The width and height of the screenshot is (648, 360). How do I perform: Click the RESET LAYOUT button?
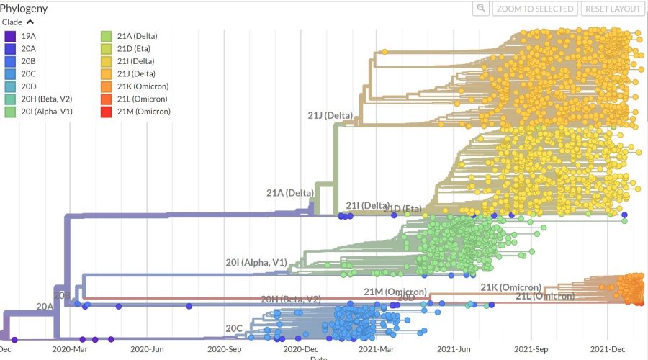point(613,9)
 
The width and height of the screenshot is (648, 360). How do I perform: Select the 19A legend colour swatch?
point(11,36)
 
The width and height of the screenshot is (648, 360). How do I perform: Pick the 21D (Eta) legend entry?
point(136,48)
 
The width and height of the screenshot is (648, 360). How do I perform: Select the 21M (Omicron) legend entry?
point(143,112)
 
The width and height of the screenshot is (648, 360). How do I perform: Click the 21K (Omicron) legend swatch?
point(106,86)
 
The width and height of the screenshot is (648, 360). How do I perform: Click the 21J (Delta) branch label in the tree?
point(328,115)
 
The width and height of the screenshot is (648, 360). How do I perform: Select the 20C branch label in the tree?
point(234,328)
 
